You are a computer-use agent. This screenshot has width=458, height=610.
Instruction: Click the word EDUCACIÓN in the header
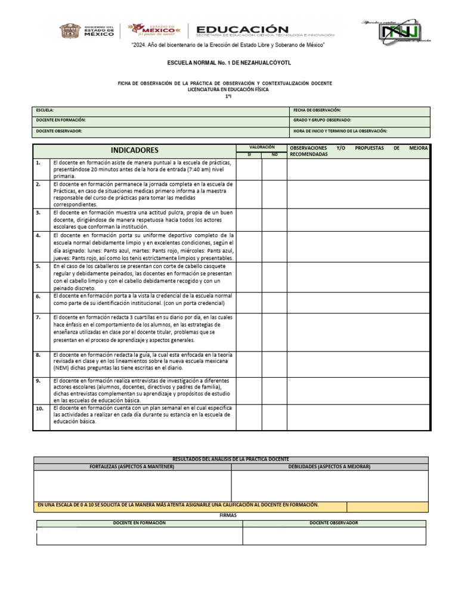pos(242,29)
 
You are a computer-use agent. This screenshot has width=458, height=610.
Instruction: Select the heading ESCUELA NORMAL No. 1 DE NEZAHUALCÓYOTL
pos(228,63)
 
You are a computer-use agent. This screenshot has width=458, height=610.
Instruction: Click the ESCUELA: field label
pos(45,111)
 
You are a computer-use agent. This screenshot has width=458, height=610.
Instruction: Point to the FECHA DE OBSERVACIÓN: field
pos(317,111)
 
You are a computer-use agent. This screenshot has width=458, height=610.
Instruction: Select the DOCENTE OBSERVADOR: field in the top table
pos(59,131)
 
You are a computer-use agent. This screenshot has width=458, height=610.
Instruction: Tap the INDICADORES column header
pos(134,150)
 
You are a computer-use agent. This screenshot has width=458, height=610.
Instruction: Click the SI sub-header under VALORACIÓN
pos(249,154)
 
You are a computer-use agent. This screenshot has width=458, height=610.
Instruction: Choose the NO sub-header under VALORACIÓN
pos(274,154)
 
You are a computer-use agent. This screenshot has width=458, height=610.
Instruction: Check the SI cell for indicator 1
pos(249,169)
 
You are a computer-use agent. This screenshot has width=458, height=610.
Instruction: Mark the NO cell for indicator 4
pos(274,247)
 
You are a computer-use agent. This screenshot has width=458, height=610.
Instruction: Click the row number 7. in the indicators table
pos(38,318)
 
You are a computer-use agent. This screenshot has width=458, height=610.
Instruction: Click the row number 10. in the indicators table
pos(39,409)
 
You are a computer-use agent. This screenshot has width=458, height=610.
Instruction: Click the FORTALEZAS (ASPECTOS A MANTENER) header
pos(132,466)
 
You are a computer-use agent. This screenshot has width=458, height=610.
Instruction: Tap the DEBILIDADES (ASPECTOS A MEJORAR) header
pos(330,466)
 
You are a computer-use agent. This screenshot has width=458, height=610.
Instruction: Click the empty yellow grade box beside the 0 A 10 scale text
pos(387,506)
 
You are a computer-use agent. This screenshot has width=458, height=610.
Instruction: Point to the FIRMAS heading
pos(228,515)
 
